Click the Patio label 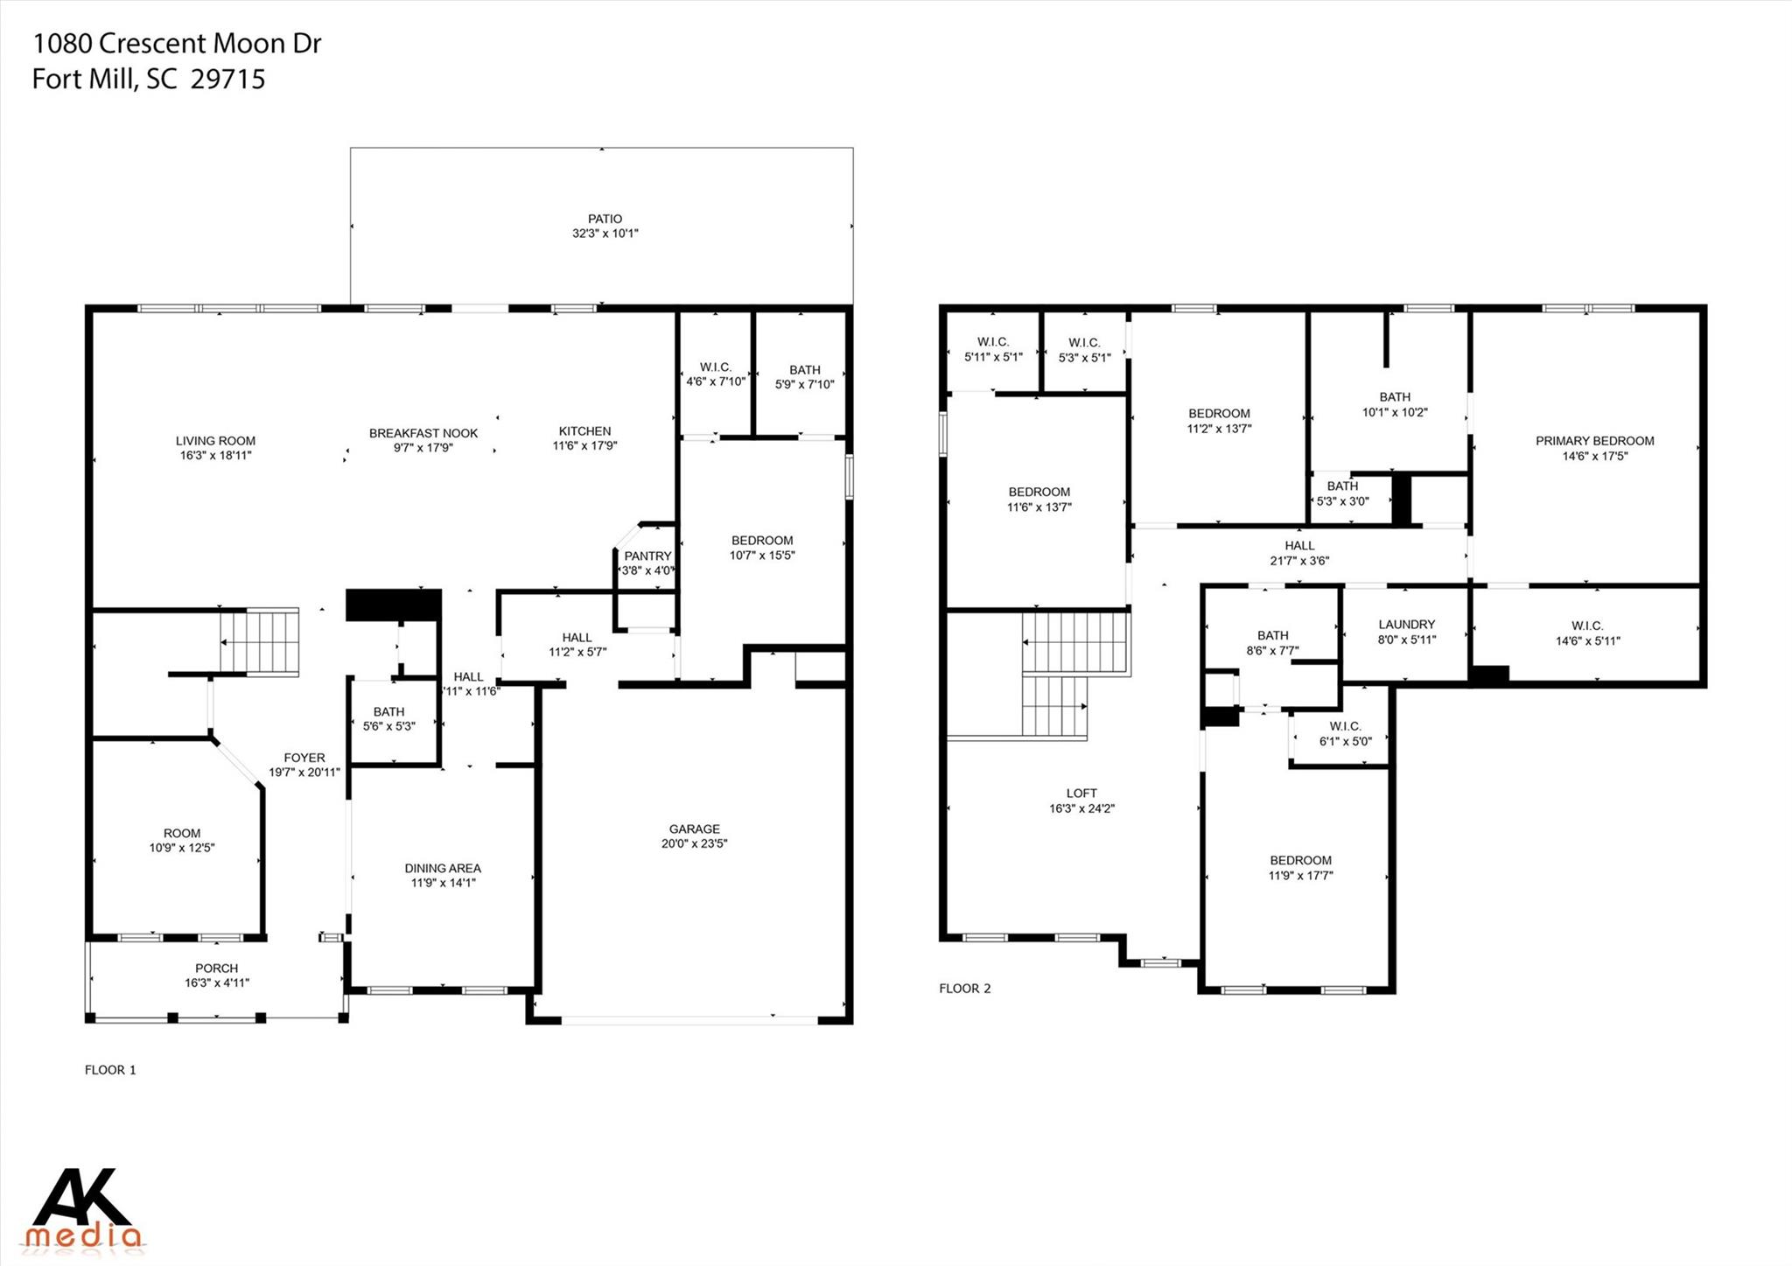(605, 219)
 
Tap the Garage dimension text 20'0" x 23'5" (694, 844)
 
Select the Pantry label (647, 556)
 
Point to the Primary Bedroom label (1594, 441)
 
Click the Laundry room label (1406, 625)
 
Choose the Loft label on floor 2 (1081, 794)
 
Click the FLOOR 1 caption (110, 1069)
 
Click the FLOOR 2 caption (964, 989)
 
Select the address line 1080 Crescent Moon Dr (177, 44)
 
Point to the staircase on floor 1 (260, 641)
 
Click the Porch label (216, 969)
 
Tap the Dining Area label (442, 868)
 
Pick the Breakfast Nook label (423, 433)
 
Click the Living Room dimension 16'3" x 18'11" (214, 456)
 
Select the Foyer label (304, 758)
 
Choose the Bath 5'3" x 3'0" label (1342, 493)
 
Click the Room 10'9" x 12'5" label (181, 840)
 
